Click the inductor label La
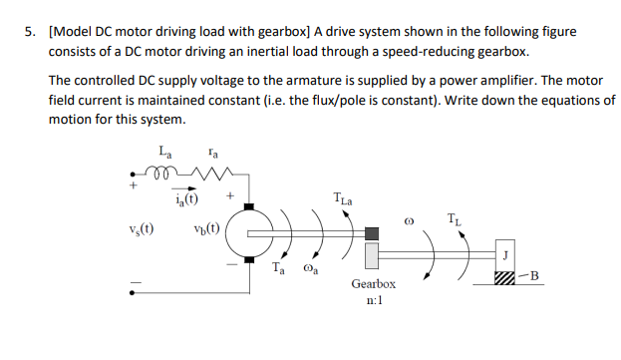pos(165,152)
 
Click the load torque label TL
pos(455,218)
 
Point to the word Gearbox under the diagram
pos(374,284)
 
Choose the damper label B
pos(534,274)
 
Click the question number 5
pos(29,32)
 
